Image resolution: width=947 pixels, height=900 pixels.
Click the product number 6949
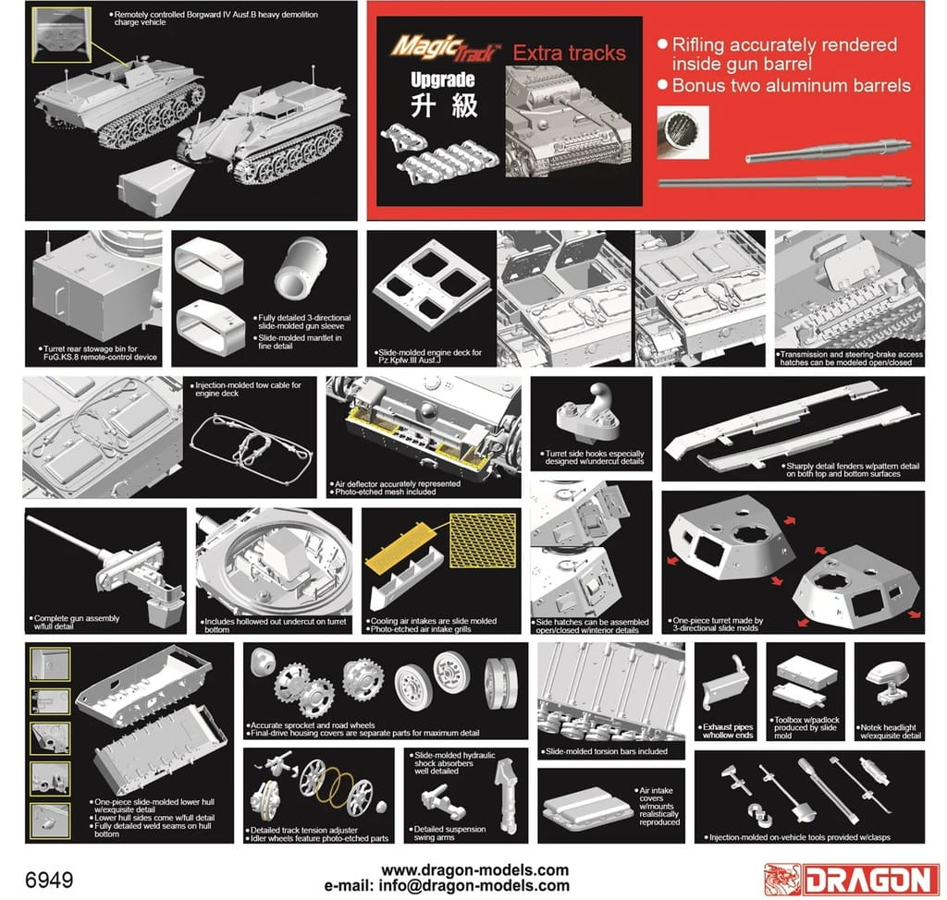tap(49, 880)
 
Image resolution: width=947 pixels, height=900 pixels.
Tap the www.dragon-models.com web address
tap(474, 870)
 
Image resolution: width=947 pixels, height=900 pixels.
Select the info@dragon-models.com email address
tap(473, 885)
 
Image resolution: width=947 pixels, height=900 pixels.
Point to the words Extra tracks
tap(569, 53)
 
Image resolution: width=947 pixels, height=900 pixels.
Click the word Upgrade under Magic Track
tap(443, 79)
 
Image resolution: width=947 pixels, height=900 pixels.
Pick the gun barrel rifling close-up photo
tap(683, 132)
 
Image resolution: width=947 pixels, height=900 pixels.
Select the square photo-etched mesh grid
tap(483, 541)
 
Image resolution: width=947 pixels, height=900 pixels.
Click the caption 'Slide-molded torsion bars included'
tap(607, 751)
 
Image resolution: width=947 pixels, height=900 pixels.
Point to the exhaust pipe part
tap(726, 686)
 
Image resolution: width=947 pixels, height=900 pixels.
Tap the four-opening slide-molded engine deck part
tap(431, 283)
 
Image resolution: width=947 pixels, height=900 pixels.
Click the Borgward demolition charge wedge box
tap(156, 189)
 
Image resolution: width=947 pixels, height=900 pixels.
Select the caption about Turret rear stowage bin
tap(100, 353)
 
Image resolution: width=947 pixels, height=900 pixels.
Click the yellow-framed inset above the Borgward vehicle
tap(61, 34)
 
